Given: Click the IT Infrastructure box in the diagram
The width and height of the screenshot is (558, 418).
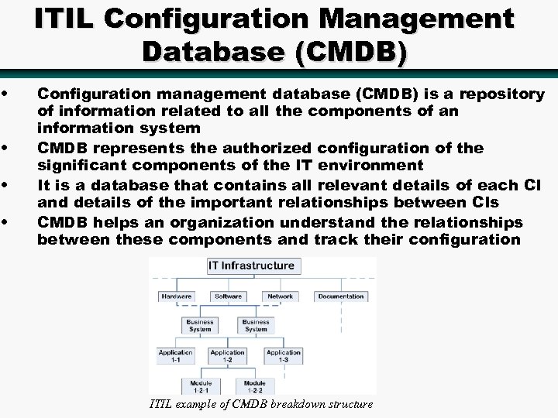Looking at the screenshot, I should (x=251, y=266).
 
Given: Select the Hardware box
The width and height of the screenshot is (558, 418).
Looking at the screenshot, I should (x=176, y=296).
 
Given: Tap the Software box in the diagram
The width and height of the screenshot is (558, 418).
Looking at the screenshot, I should (x=228, y=296).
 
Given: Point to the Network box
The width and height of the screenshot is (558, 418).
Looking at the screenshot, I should (x=280, y=296).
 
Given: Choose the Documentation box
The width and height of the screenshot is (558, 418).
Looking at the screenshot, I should (x=341, y=296).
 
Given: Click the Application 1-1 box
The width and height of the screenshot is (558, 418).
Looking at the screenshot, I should (x=176, y=356).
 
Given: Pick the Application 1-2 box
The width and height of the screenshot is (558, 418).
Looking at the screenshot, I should (x=228, y=356).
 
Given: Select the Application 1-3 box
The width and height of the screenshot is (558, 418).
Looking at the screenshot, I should (x=283, y=356).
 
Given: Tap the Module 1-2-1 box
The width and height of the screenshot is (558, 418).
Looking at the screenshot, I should (x=201, y=385).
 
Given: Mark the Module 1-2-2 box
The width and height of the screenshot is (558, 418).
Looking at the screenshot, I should (x=255, y=385).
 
